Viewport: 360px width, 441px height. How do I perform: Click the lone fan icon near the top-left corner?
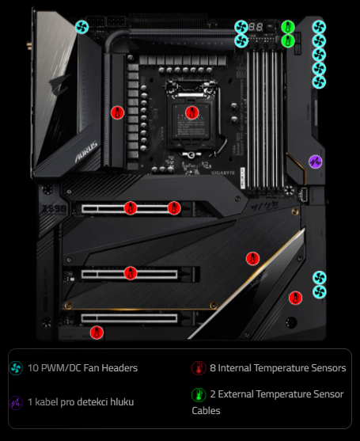(81, 27)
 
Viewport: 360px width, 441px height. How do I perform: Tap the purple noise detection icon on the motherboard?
(315, 162)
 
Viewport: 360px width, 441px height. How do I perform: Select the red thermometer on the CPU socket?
(191, 112)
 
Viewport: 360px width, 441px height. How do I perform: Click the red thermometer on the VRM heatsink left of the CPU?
(117, 112)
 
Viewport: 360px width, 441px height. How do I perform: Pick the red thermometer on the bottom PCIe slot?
(97, 332)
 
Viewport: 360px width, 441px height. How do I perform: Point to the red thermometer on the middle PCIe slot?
(130, 273)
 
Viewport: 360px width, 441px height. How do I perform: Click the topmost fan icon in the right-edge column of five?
(319, 26)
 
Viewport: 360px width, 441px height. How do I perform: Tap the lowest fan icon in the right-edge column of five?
(319, 82)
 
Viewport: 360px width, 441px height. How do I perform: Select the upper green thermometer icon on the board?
(288, 26)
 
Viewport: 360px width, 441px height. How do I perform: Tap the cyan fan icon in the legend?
(16, 368)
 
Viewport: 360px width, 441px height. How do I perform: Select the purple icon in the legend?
(16, 402)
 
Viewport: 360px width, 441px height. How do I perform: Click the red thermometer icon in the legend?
(199, 368)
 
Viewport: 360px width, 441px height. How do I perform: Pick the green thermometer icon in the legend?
(199, 394)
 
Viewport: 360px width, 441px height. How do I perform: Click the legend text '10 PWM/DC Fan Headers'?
(82, 368)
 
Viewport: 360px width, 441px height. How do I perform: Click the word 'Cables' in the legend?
(206, 411)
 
